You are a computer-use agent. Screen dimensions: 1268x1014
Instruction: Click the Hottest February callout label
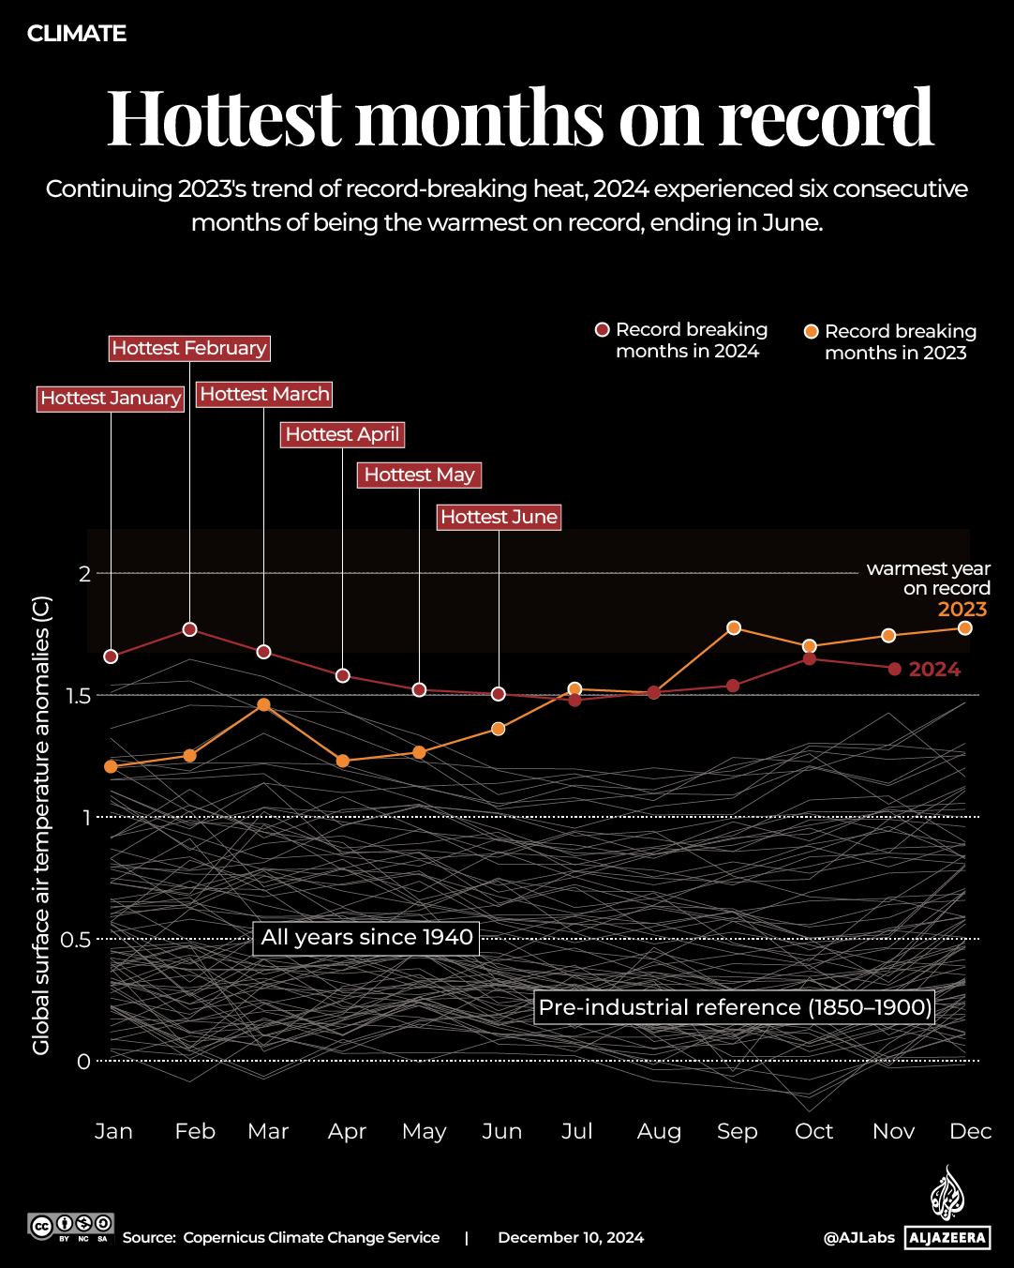(x=189, y=348)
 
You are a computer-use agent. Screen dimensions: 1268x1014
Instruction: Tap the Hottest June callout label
(x=500, y=517)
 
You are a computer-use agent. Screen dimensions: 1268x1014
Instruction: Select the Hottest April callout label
(x=342, y=434)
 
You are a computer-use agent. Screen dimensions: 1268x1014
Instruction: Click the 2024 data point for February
(x=189, y=629)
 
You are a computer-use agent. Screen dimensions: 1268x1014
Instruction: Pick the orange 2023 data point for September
(x=734, y=627)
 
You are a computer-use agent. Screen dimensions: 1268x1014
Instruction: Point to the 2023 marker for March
(x=263, y=704)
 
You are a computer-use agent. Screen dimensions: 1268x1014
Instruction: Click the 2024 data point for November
(x=894, y=669)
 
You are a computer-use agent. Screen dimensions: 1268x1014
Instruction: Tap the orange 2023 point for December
(x=964, y=627)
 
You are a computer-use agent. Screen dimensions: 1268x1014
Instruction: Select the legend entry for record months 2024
(x=682, y=340)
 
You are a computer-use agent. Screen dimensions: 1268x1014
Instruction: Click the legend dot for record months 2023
(x=812, y=332)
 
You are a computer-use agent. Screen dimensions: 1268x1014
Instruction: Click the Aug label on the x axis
(x=659, y=1131)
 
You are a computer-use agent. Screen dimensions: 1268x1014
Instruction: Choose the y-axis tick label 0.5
(x=76, y=940)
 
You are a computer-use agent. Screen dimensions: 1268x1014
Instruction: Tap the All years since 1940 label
(x=366, y=938)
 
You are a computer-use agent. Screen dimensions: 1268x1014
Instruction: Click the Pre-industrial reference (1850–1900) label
(x=735, y=1007)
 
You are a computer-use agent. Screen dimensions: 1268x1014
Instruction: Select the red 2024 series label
(x=934, y=670)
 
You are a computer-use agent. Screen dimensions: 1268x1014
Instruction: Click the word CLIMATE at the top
(x=77, y=34)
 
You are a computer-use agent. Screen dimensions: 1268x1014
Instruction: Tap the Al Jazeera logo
(x=947, y=1210)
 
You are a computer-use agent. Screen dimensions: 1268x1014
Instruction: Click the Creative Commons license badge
(x=71, y=1227)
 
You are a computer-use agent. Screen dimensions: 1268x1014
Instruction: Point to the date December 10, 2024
(x=571, y=1238)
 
